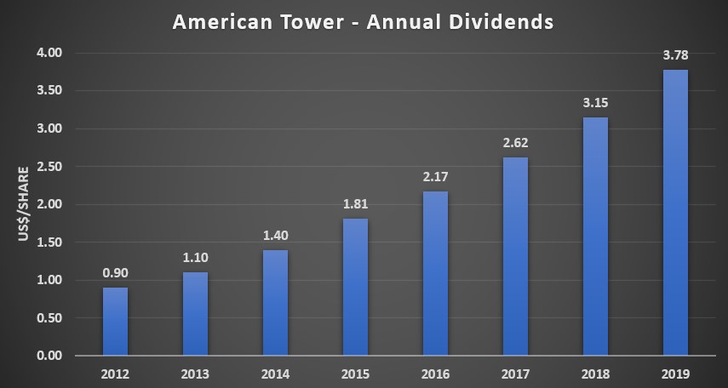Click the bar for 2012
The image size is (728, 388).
(x=115, y=321)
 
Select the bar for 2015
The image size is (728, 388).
(x=355, y=287)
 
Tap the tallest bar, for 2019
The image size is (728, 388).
(x=675, y=212)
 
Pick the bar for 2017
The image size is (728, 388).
(x=515, y=256)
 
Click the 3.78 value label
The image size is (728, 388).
(x=675, y=55)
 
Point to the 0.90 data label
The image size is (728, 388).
(x=115, y=273)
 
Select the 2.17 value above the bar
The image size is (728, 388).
(x=435, y=177)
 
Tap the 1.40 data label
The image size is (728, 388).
(x=275, y=236)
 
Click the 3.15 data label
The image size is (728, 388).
(x=595, y=103)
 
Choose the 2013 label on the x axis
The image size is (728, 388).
(x=195, y=374)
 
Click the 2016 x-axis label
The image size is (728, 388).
(x=435, y=374)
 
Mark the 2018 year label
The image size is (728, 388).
(x=595, y=374)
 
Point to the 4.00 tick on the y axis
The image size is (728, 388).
(x=51, y=53)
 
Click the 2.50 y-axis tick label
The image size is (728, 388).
(x=51, y=167)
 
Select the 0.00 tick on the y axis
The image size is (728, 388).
(x=51, y=356)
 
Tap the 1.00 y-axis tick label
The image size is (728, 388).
(x=51, y=280)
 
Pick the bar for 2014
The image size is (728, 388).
(x=275, y=303)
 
